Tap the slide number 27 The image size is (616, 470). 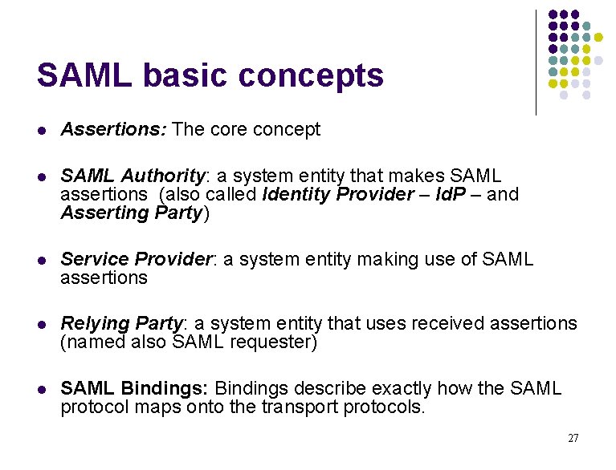click(573, 438)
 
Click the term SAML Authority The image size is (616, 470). click(133, 176)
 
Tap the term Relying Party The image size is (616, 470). click(122, 323)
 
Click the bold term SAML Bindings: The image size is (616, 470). click(134, 388)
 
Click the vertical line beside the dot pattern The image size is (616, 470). click(536, 63)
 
